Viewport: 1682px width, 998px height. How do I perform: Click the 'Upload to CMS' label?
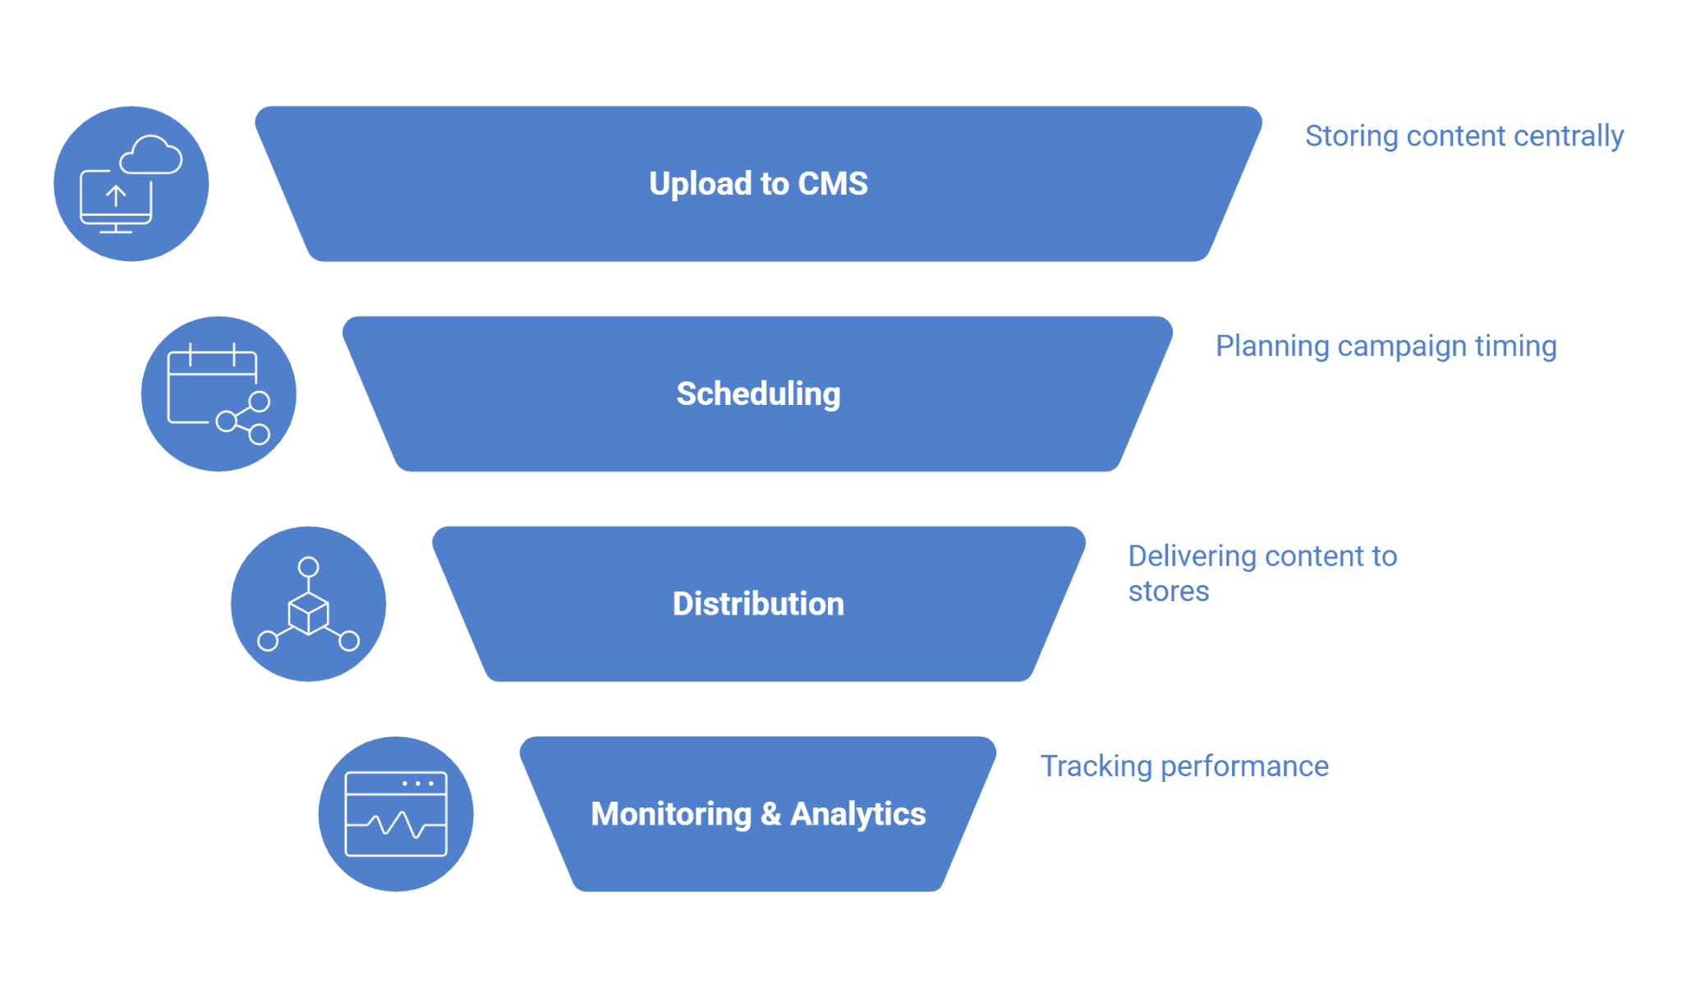(758, 183)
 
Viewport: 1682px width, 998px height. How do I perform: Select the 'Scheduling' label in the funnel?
(758, 394)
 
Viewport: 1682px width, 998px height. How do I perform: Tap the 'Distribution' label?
(758, 604)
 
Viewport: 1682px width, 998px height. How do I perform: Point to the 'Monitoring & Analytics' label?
(758, 814)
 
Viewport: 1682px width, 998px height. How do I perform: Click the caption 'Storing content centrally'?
(1464, 136)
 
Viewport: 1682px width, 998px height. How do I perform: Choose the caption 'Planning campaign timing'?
(1386, 347)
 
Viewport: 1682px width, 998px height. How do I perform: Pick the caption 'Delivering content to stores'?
(1262, 573)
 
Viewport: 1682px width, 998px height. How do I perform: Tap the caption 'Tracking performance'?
(1184, 766)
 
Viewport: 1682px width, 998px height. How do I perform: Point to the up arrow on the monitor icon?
(116, 195)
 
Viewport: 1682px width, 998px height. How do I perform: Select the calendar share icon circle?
(218, 393)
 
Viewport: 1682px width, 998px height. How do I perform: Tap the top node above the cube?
(308, 567)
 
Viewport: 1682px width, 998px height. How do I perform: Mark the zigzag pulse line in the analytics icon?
(396, 824)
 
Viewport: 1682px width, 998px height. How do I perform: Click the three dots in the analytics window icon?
(418, 784)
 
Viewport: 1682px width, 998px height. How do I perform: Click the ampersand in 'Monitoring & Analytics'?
(770, 814)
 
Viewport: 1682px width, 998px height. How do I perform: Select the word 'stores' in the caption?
(1169, 591)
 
